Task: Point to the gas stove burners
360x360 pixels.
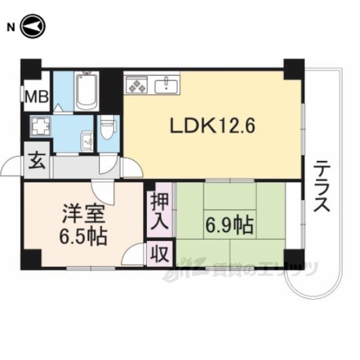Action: pyautogui.click(x=136, y=85)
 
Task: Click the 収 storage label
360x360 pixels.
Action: pyautogui.click(x=159, y=254)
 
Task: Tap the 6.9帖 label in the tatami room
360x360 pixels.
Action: pyautogui.click(x=228, y=227)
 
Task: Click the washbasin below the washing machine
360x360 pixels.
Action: pyautogui.click(x=87, y=141)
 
